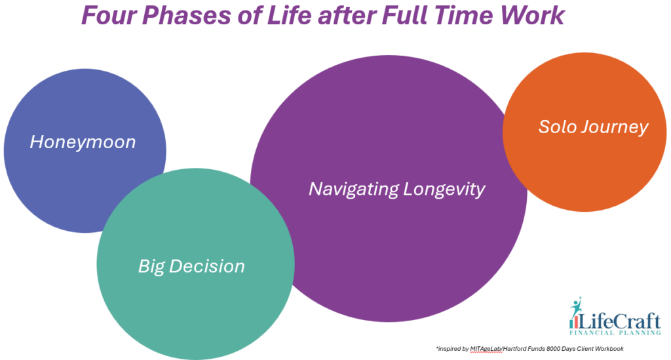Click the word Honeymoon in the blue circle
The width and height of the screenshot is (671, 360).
click(x=83, y=142)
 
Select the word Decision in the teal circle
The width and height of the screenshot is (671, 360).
click(x=207, y=266)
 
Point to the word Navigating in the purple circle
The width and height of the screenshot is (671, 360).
click(x=353, y=190)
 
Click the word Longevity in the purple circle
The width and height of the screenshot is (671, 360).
click(x=444, y=190)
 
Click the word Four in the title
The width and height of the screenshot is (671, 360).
click(x=109, y=15)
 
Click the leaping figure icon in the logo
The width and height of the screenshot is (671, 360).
click(x=576, y=307)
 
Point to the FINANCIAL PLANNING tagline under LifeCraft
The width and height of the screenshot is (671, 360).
click(x=615, y=332)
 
